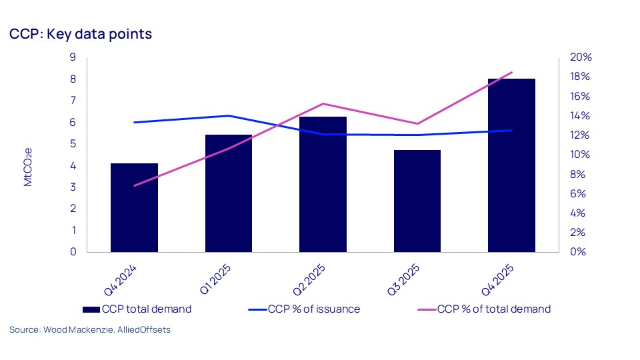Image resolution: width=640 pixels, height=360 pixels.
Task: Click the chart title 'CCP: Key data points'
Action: (81, 33)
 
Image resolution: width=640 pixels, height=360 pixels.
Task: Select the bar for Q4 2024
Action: (134, 207)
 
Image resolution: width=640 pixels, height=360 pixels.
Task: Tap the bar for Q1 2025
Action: (229, 193)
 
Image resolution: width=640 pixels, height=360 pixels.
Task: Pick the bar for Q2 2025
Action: (323, 184)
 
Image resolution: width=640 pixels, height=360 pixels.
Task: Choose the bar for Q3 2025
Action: (417, 201)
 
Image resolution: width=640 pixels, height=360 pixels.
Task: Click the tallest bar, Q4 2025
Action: (511, 165)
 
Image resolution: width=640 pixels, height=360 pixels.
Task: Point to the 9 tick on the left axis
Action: (72, 57)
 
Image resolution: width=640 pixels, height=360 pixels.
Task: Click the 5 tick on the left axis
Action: (72, 144)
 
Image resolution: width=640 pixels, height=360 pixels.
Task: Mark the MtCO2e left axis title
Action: (28, 167)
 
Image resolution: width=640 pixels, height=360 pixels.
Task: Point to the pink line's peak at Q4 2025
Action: (511, 72)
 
